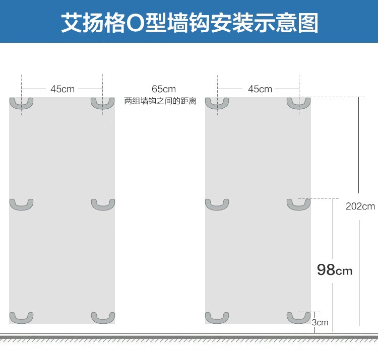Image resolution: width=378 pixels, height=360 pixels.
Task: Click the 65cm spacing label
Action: [164, 89]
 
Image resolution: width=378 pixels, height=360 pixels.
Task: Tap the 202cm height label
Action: [360, 206]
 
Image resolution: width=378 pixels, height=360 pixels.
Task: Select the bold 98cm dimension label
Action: [335, 270]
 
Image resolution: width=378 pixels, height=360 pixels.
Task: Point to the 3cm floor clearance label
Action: [320, 322]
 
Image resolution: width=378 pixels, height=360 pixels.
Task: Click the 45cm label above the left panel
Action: [62, 89]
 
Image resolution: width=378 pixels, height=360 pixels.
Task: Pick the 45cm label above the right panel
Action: [260, 89]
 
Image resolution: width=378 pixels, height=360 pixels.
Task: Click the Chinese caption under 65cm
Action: [160, 101]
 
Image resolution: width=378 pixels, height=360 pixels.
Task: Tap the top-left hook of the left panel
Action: [22, 107]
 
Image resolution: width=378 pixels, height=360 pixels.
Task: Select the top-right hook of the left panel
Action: [103, 107]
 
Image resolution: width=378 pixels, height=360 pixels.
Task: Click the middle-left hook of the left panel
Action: [22, 208]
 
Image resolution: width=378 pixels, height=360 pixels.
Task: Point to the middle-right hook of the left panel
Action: [103, 208]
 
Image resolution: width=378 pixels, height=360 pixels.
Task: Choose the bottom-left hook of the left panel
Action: [22, 321]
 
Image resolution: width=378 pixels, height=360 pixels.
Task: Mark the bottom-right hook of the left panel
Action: [103, 321]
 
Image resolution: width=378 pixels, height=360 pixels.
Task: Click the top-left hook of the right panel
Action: [217, 107]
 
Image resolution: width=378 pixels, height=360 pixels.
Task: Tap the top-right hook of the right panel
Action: [299, 107]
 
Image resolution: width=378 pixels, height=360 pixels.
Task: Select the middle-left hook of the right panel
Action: [217, 208]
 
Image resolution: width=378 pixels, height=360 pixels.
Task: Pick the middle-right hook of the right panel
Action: [299, 208]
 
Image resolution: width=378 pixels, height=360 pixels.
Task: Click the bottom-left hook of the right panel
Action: [217, 321]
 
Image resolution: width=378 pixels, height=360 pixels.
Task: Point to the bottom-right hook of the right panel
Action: [299, 321]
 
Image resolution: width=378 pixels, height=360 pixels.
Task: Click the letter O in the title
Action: [135, 23]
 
